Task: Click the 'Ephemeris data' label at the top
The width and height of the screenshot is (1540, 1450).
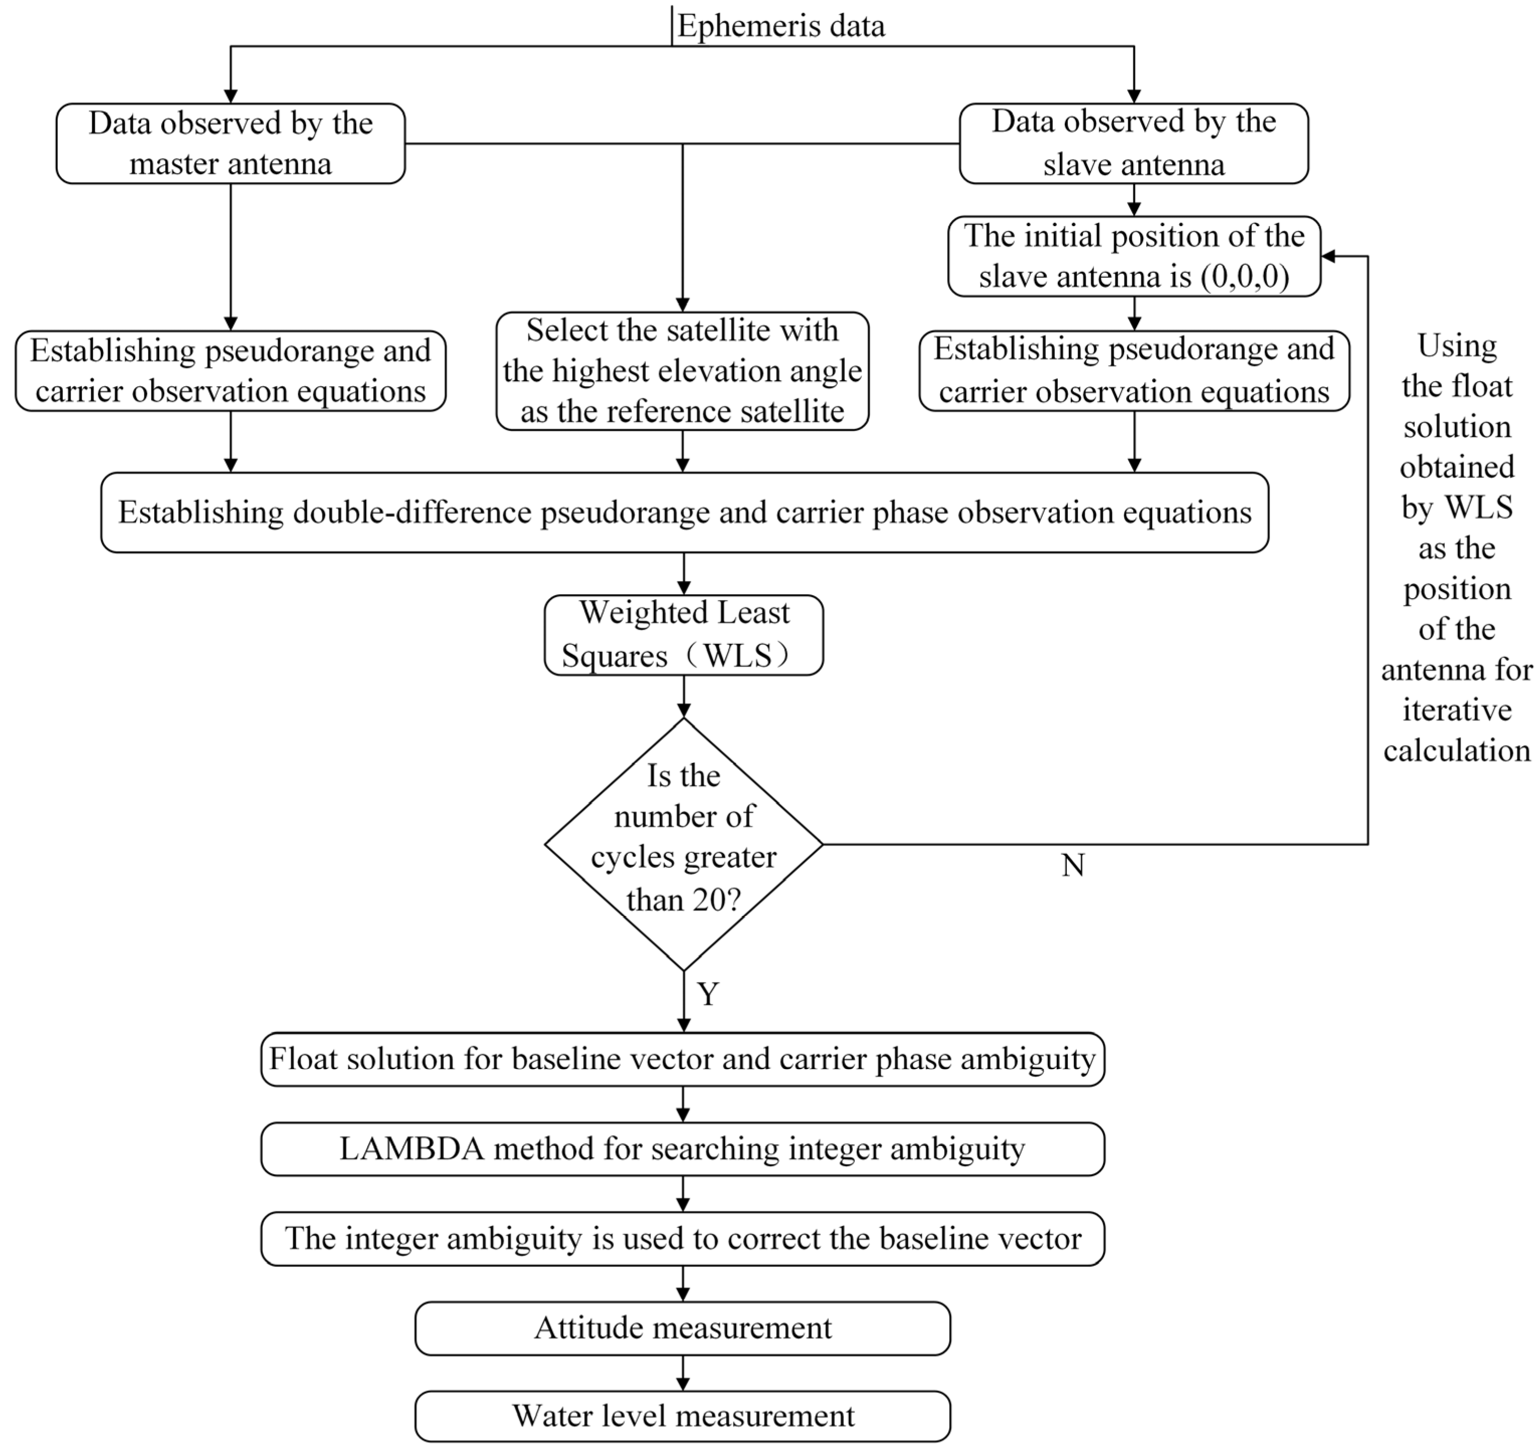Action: click(781, 26)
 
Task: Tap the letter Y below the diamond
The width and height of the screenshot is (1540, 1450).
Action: click(707, 994)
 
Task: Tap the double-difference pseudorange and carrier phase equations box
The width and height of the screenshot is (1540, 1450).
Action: click(684, 512)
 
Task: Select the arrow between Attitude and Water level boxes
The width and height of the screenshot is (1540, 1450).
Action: click(683, 1373)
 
